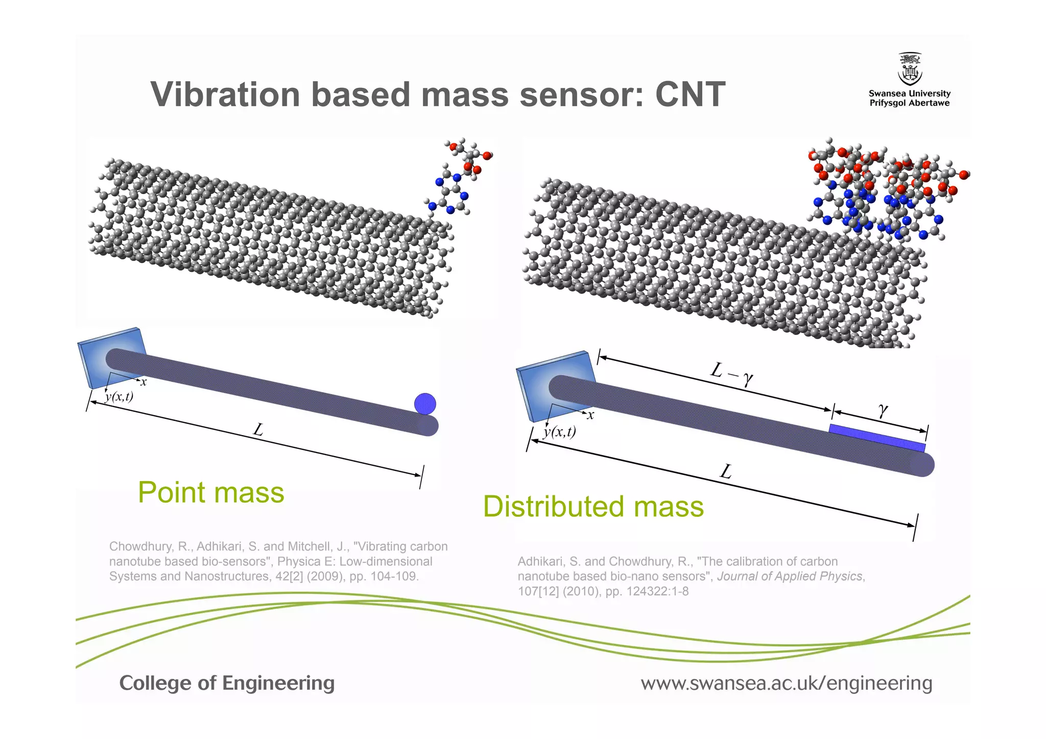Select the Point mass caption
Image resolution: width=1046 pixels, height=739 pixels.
pyautogui.click(x=211, y=493)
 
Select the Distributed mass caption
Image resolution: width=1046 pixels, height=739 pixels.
pyautogui.click(x=593, y=507)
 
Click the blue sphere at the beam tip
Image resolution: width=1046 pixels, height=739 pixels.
pyautogui.click(x=425, y=403)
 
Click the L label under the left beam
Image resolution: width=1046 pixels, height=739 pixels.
pyautogui.click(x=258, y=430)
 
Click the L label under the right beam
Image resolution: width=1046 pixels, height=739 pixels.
pyautogui.click(x=726, y=471)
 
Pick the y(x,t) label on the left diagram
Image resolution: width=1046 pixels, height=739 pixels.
pyautogui.click(x=119, y=396)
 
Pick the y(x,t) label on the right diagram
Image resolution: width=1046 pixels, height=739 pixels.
pyautogui.click(x=559, y=432)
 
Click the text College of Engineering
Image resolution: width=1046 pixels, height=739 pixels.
pyautogui.click(x=227, y=683)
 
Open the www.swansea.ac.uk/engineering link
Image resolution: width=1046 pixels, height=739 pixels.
pyautogui.click(x=786, y=683)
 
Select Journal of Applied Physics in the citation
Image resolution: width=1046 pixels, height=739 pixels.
pyautogui.click(x=790, y=576)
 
